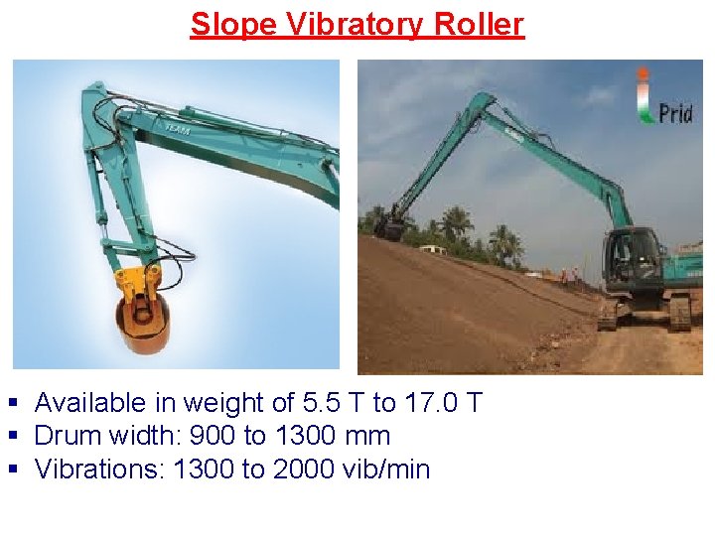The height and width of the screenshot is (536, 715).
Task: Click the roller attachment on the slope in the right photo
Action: (x=391, y=230)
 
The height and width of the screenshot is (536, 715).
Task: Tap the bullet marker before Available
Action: (x=13, y=404)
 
